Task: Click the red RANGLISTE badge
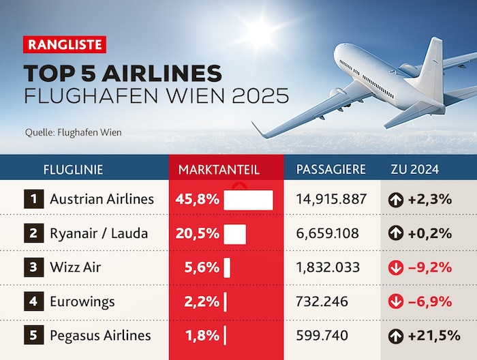click(65, 46)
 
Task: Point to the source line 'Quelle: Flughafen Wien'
click(73, 132)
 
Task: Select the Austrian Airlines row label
click(102, 200)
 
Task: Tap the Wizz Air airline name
click(75, 267)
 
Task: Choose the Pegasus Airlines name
click(100, 335)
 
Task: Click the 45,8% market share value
click(202, 200)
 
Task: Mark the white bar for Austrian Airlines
click(248, 200)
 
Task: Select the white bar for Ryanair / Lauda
click(234, 233)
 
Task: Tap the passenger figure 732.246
click(322, 301)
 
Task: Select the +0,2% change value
click(429, 233)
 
